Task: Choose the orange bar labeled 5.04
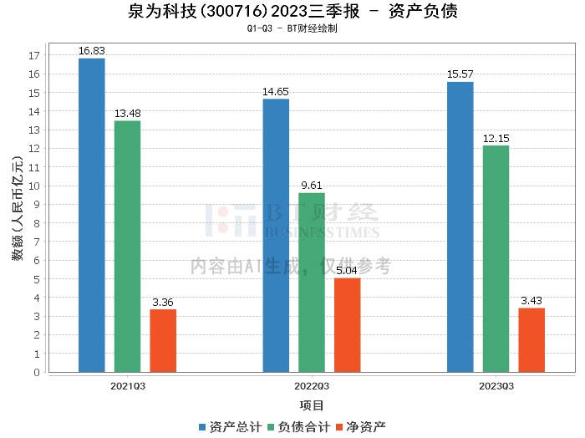(x=347, y=325)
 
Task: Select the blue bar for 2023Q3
(x=460, y=227)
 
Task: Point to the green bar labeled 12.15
(x=496, y=259)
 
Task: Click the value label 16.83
(x=91, y=51)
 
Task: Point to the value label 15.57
(x=460, y=74)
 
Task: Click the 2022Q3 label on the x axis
(x=311, y=386)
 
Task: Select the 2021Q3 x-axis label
(x=127, y=386)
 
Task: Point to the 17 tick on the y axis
(x=34, y=55)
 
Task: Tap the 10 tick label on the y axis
(x=34, y=186)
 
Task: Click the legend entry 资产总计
(x=229, y=426)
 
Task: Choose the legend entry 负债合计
(x=299, y=426)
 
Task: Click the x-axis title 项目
(x=311, y=405)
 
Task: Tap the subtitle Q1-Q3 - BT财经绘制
(x=292, y=28)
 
